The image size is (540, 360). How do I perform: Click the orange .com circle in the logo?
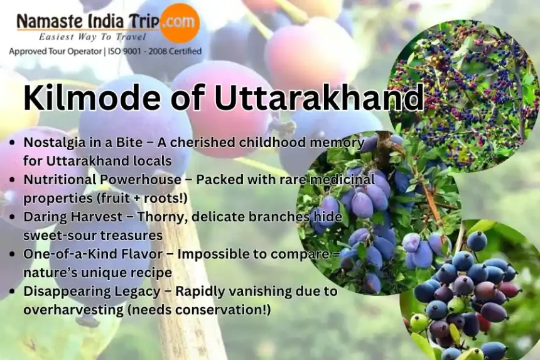pyautogui.click(x=180, y=23)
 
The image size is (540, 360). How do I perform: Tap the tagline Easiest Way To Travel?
pyautogui.click(x=92, y=36)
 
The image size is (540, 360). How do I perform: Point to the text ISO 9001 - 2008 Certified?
pyautogui.click(x=154, y=52)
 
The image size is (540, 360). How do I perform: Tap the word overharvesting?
pyautogui.click(x=73, y=310)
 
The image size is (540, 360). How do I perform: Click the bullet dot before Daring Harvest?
pyautogui.click(x=13, y=217)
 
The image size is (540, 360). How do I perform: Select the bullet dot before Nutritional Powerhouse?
pyautogui.click(x=13, y=180)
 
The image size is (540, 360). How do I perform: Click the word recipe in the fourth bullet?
pyautogui.click(x=151, y=273)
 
